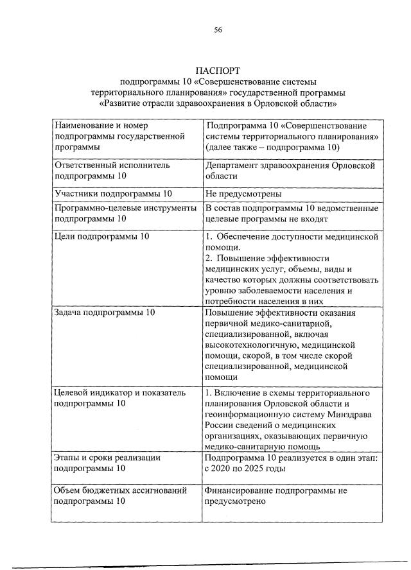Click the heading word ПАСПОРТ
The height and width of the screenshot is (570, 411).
click(x=218, y=70)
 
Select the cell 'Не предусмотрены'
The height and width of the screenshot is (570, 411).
click(x=244, y=194)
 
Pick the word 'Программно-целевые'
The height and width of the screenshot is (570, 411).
click(x=97, y=208)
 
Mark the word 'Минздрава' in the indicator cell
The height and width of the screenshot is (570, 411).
click(x=353, y=415)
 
